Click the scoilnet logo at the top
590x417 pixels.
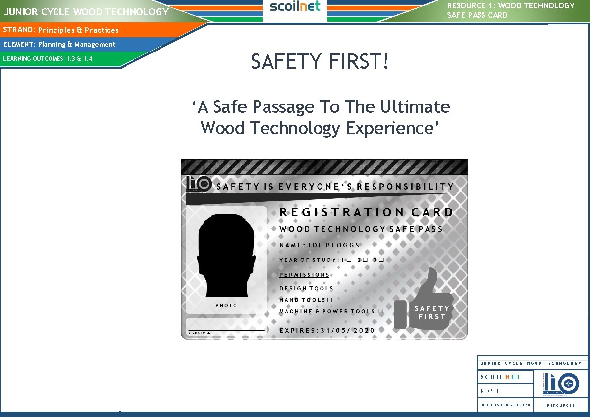coord(295,7)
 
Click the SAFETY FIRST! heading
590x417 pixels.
coord(320,62)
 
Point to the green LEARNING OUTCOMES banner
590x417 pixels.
coord(48,59)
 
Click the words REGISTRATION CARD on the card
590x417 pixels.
coord(366,212)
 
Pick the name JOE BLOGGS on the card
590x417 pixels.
coord(333,245)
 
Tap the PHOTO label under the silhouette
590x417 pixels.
coord(226,305)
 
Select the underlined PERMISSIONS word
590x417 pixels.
coord(304,275)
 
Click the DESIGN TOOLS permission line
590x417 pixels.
coord(310,288)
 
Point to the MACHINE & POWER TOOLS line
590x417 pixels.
coord(331,311)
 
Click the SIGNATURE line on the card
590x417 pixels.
coord(226,330)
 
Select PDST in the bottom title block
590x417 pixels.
coord(490,391)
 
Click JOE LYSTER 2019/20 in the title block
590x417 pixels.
coord(505,405)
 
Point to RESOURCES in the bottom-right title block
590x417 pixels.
coord(561,405)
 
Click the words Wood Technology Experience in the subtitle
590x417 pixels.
coord(320,128)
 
